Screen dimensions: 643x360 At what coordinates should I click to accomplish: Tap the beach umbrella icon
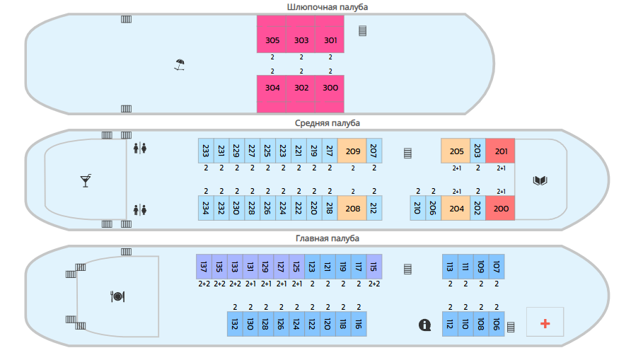tap(179, 65)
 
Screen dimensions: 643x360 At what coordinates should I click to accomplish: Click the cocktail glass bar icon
tap(86, 180)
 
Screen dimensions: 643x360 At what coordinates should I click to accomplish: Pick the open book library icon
tap(540, 180)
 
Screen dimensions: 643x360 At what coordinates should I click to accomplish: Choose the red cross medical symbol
tap(545, 323)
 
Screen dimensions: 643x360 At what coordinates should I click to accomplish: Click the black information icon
tap(425, 325)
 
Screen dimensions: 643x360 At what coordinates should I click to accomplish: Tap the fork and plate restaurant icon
tap(117, 296)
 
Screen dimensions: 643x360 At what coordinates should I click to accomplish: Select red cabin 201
tap(500, 151)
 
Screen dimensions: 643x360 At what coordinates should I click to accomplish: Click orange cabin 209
tap(352, 151)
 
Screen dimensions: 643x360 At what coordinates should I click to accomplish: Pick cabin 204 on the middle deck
tap(456, 209)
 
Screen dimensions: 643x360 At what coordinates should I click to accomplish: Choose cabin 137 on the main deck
tap(204, 267)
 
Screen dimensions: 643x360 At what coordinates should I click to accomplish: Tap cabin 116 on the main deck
tap(359, 324)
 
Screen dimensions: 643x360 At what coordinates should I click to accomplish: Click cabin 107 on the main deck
tap(497, 267)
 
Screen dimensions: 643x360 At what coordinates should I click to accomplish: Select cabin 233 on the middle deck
tap(206, 151)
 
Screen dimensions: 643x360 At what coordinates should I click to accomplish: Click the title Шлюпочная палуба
tap(328, 7)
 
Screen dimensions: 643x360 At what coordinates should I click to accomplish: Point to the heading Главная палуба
tap(328, 238)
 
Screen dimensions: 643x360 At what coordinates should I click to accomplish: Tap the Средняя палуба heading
tap(328, 123)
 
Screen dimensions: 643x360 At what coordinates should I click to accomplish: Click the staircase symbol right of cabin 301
tap(362, 30)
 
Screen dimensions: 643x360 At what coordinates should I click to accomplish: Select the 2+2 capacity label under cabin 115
tap(374, 284)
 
